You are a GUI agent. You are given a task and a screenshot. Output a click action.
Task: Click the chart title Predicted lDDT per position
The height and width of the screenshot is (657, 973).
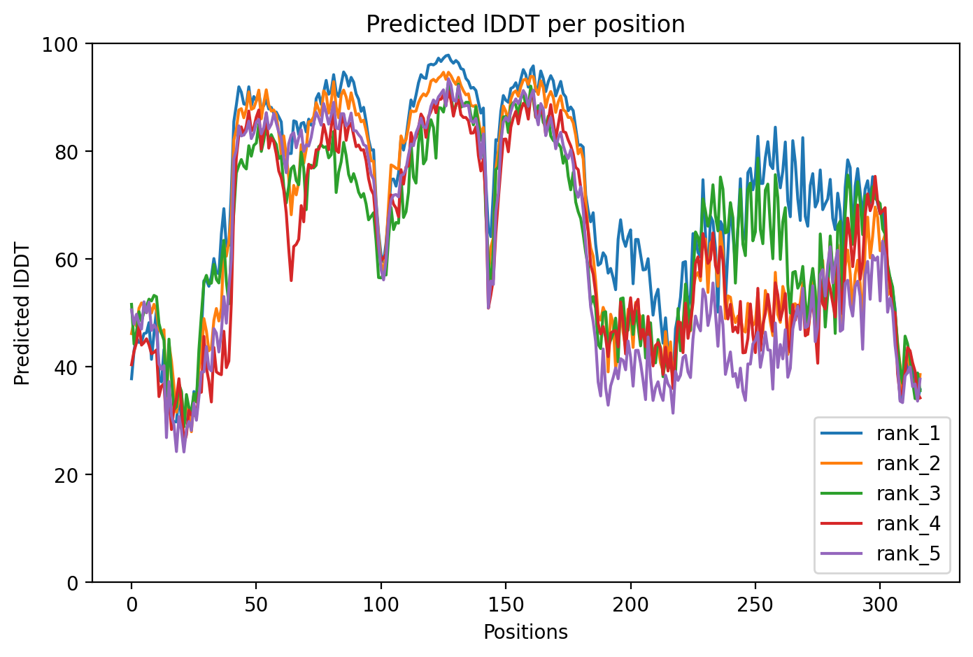pos(525,24)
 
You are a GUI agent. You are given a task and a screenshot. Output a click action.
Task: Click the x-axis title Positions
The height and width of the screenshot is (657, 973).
pos(525,633)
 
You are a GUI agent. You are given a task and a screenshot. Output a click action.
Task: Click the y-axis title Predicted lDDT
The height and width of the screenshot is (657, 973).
pos(22,313)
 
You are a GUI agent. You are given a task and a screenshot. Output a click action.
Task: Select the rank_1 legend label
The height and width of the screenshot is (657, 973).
pos(908,434)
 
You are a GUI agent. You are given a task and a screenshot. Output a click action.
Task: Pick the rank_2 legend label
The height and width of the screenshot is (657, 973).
pos(908,464)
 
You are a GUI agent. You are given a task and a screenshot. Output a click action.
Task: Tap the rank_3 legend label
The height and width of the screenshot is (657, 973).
pos(908,494)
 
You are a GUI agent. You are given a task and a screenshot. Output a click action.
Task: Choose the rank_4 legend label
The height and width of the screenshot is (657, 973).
pos(908,524)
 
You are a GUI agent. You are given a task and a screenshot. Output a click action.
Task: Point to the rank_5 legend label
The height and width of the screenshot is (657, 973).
pos(908,554)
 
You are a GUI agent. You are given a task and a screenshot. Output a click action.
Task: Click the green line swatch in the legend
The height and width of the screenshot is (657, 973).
pos(843,494)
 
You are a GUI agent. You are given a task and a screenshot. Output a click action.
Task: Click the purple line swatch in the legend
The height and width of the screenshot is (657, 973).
pos(843,554)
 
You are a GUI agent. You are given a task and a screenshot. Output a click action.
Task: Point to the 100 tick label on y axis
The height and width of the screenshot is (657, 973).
pos(64,43)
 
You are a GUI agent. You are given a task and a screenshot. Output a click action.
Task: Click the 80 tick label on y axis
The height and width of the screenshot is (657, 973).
pos(69,151)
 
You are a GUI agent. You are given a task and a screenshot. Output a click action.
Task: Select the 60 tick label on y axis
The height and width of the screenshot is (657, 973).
pos(69,259)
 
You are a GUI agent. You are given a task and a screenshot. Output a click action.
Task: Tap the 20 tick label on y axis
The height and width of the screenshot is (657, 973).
pos(69,474)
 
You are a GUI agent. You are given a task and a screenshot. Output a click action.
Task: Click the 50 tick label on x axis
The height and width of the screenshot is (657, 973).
pos(256,605)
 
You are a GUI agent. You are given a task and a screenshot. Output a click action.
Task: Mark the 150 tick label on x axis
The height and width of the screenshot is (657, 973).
pos(505,605)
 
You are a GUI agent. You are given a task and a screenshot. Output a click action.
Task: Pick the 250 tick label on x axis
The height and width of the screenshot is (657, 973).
pos(755,605)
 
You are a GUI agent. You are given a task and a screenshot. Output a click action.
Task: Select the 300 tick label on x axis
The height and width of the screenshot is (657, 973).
pos(879,605)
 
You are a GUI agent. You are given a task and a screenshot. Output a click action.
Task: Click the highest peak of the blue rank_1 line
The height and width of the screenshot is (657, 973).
pos(448,55)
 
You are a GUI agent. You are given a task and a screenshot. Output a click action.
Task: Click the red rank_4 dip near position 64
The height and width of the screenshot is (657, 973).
pos(291,280)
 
